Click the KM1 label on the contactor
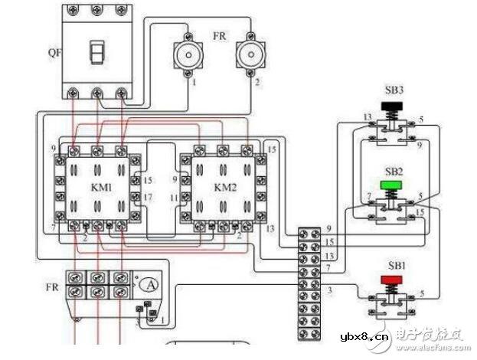(96, 186)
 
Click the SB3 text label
(396, 90)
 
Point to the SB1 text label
(396, 265)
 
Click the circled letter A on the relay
(151, 284)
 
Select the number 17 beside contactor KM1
(148, 198)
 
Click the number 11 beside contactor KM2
(175, 198)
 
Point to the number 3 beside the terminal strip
(330, 289)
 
